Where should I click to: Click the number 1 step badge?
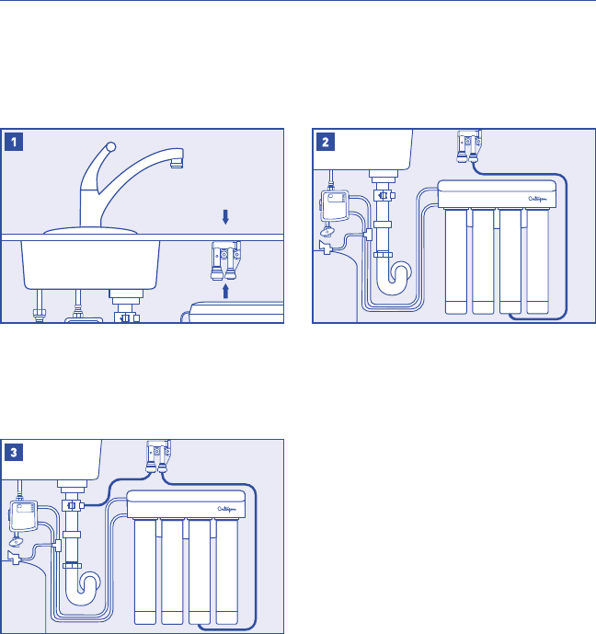(x=13, y=142)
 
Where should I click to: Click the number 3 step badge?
(x=13, y=452)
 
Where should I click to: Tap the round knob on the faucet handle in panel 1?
(x=109, y=146)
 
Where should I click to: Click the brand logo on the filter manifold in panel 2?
(x=539, y=197)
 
